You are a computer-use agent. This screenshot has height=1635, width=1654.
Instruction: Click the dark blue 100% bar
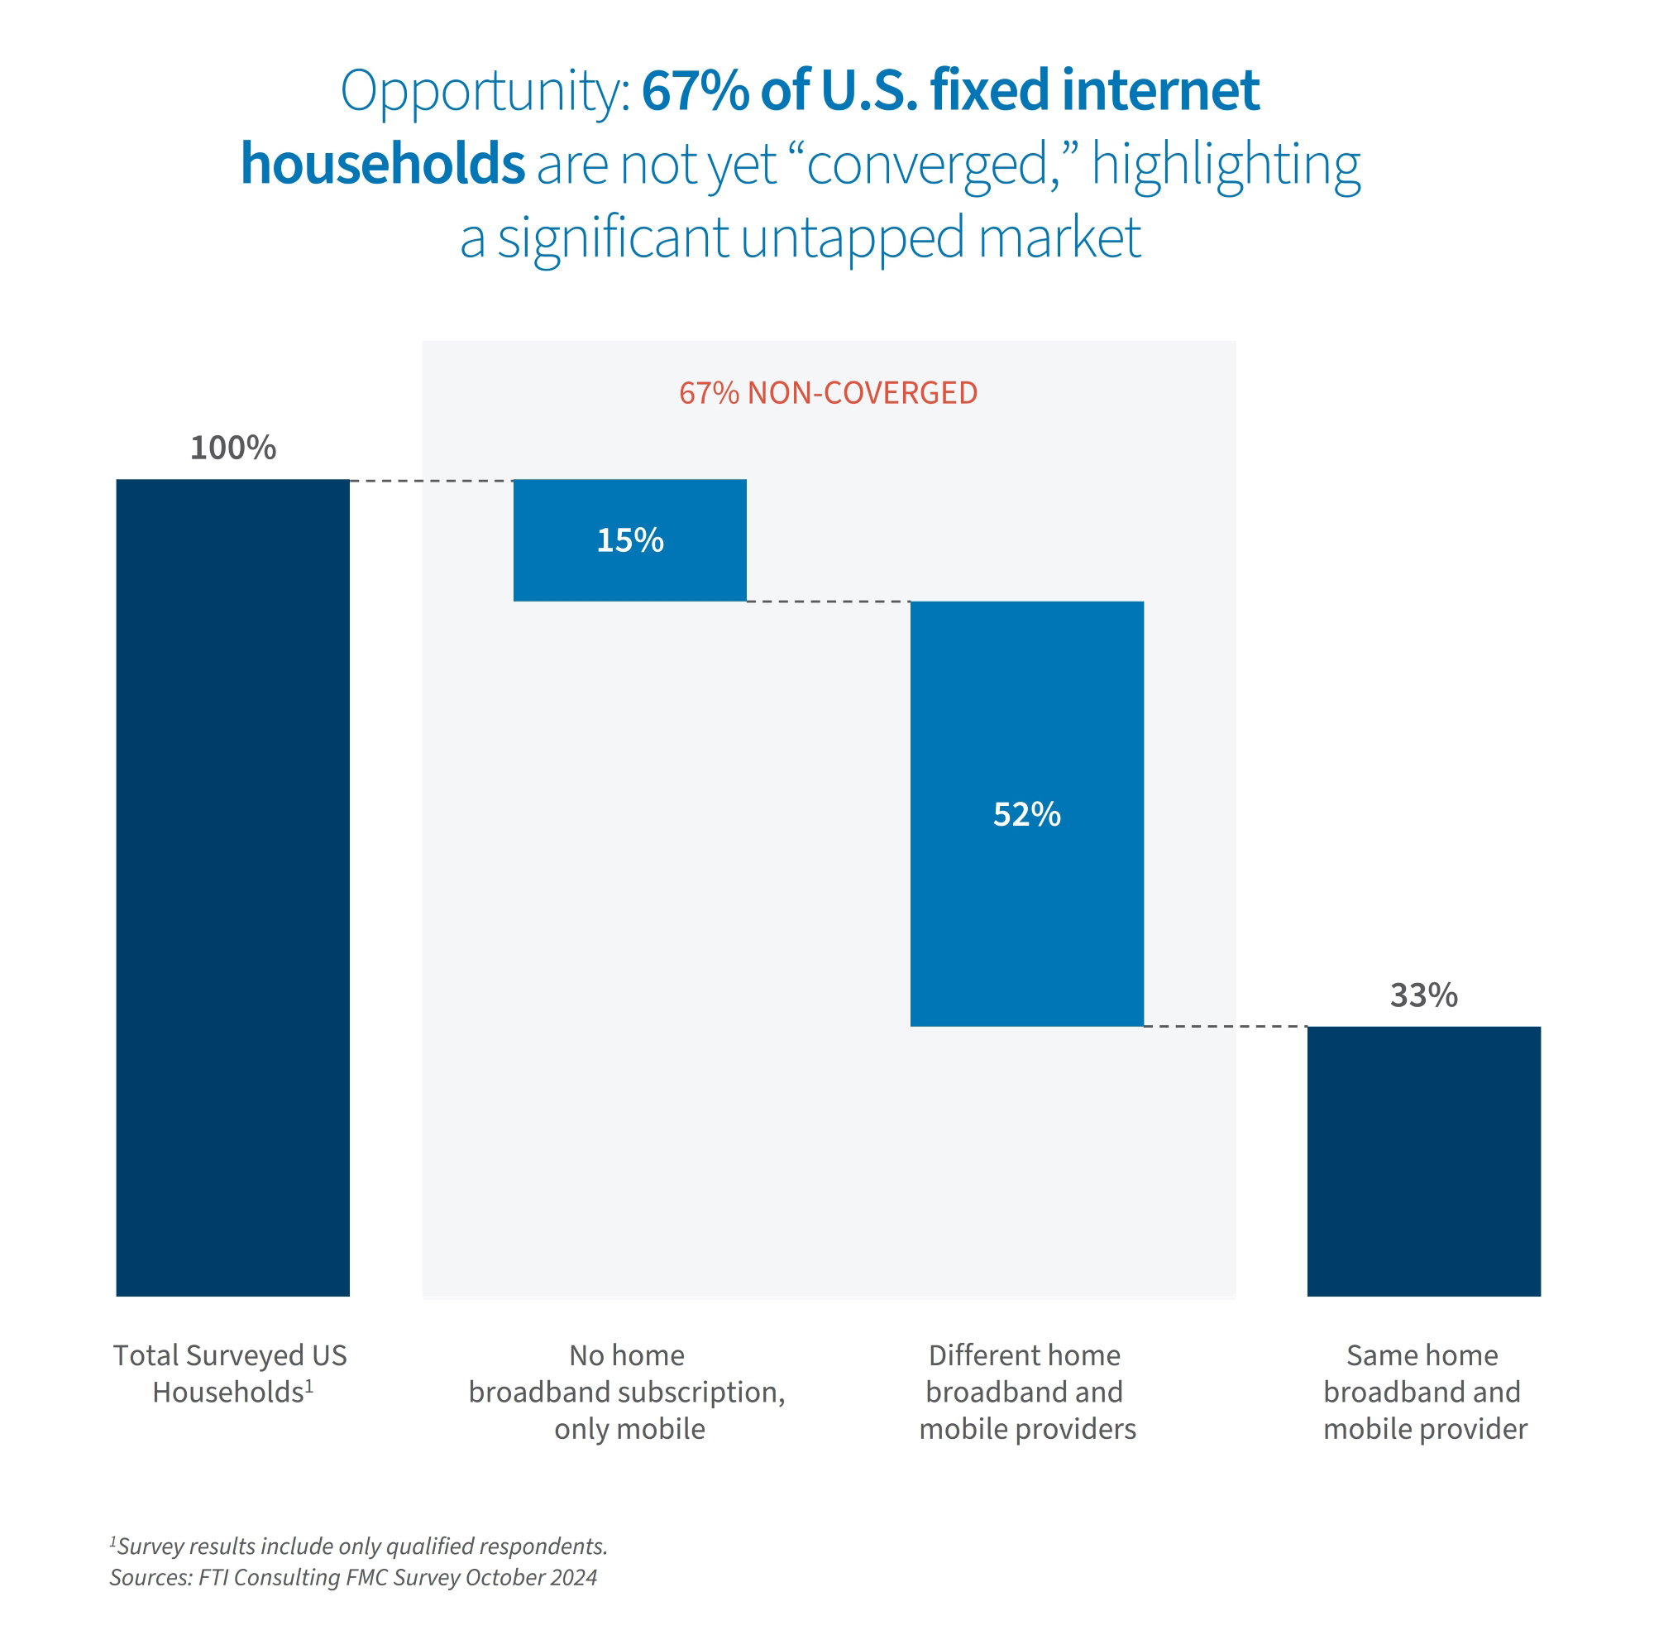click(x=233, y=886)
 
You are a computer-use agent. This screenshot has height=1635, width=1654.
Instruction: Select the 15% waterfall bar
click(x=629, y=540)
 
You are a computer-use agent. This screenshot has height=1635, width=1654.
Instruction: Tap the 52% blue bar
click(x=1026, y=813)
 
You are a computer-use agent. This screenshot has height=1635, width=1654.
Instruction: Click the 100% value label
click(x=233, y=448)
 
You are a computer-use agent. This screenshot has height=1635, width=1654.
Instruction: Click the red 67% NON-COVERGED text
click(x=828, y=393)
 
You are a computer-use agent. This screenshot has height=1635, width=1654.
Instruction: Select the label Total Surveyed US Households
click(x=230, y=1373)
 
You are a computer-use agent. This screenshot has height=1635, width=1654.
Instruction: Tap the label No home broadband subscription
click(x=628, y=1392)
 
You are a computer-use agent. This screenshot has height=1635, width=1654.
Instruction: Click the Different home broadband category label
click(x=1025, y=1392)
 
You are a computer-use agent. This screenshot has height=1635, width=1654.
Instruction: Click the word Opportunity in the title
click(x=485, y=92)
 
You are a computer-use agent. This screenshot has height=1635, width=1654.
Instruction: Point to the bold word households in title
click(x=382, y=164)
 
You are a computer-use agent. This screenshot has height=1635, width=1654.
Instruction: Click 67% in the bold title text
click(x=695, y=90)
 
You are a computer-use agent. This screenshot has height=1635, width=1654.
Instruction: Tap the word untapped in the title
click(x=852, y=238)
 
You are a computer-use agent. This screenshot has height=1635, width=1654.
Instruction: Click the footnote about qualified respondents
click(x=360, y=1546)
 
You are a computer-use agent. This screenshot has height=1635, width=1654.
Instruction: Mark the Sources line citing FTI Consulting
click(x=353, y=1577)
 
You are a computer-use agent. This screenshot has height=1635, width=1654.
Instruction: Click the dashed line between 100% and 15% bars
click(x=431, y=482)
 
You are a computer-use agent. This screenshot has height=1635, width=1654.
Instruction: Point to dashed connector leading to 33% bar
click(x=1224, y=1026)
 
